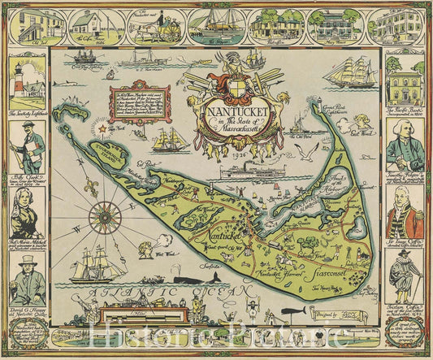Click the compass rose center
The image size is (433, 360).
click(x=103, y=216)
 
